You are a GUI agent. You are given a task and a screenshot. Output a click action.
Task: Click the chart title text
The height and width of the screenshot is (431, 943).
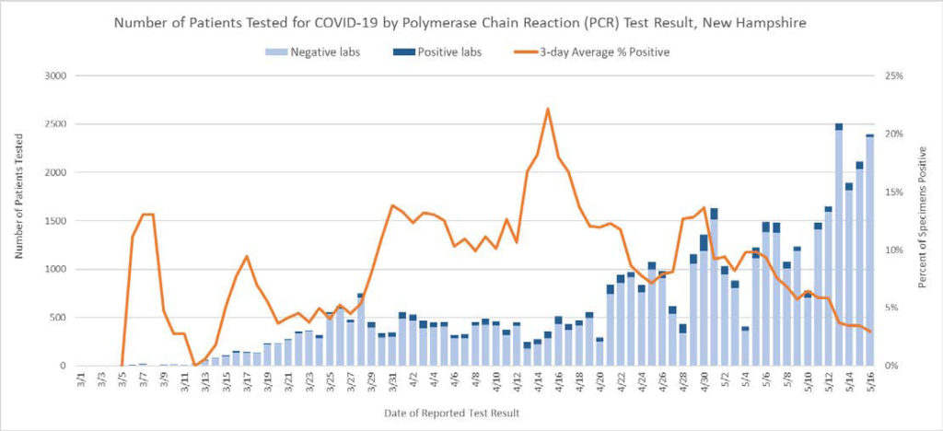[x=471, y=21]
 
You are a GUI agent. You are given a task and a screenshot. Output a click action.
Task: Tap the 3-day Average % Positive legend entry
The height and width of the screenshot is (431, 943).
[x=594, y=52]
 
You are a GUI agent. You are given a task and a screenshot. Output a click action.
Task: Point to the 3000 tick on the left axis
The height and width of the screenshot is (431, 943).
[x=55, y=76]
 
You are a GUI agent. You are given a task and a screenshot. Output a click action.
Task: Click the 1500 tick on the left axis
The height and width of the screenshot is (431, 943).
[x=55, y=221]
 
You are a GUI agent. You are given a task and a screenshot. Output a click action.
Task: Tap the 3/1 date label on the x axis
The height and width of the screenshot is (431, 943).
[x=82, y=379]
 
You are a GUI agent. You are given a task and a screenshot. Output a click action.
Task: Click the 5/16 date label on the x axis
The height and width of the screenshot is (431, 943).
[x=869, y=379]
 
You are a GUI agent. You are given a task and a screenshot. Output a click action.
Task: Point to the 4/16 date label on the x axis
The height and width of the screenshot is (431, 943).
[x=558, y=379]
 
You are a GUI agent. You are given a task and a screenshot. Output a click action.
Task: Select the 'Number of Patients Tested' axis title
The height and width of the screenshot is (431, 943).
[x=17, y=221]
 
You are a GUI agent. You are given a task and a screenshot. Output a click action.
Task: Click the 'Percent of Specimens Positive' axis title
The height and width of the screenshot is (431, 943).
[x=924, y=221]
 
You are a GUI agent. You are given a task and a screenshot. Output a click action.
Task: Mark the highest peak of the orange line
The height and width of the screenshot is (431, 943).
[x=548, y=109]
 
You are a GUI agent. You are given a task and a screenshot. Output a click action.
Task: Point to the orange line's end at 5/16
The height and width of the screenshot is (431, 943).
[x=869, y=332]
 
